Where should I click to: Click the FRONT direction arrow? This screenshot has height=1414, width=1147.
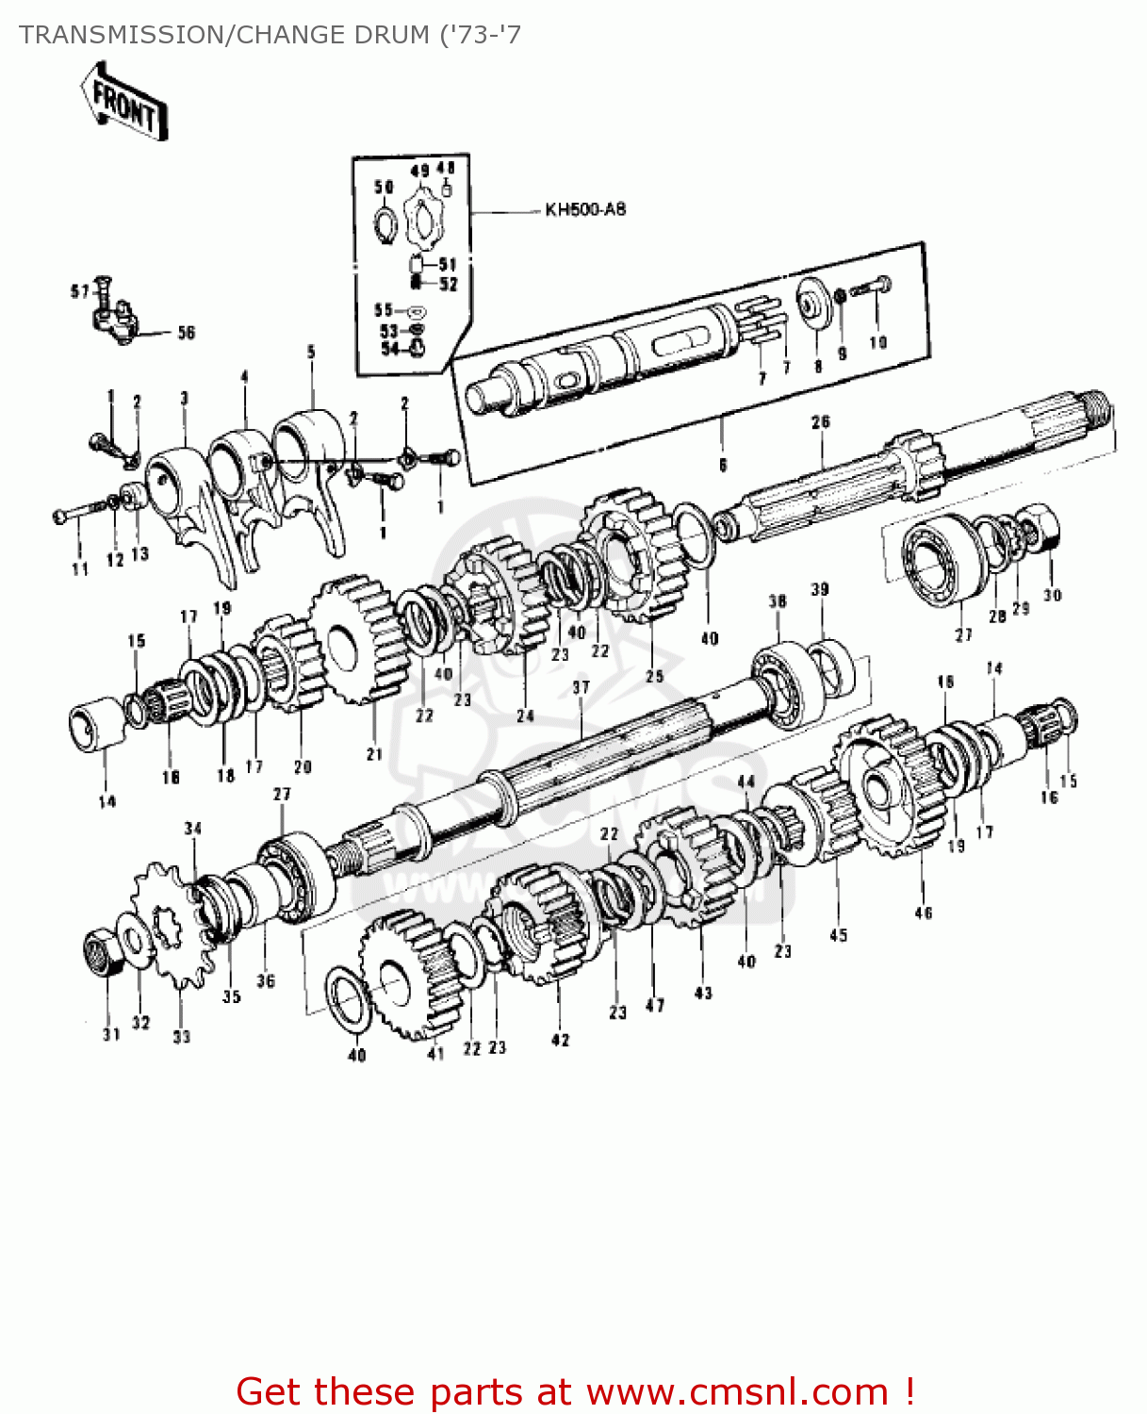[123, 102]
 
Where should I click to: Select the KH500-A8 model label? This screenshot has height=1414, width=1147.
[584, 210]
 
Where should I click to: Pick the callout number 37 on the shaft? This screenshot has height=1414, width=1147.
[581, 687]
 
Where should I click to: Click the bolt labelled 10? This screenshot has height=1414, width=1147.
[871, 288]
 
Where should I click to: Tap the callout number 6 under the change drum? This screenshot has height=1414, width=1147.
[723, 465]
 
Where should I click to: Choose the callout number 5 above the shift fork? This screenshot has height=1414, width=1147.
[311, 353]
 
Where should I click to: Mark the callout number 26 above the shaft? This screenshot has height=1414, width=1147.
[821, 422]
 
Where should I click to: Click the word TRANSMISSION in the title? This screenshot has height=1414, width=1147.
[118, 35]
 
